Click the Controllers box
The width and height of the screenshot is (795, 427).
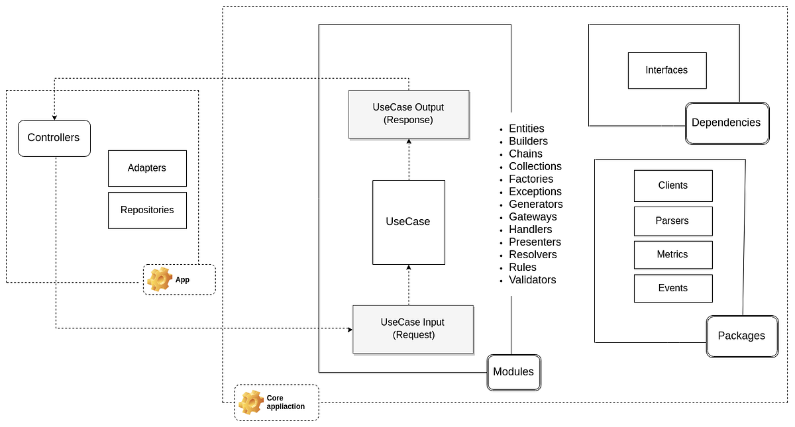(x=54, y=138)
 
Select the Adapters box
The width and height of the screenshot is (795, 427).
(x=147, y=168)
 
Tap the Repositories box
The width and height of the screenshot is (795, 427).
(x=147, y=211)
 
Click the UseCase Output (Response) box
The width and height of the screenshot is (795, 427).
(x=409, y=114)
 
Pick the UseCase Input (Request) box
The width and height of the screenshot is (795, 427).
(x=413, y=329)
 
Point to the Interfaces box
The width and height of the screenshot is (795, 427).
(x=667, y=71)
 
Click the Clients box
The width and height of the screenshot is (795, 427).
(x=673, y=186)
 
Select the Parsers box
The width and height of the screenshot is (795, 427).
(x=673, y=221)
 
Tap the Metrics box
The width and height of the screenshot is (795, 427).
(x=673, y=255)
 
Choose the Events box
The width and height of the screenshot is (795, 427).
(x=673, y=289)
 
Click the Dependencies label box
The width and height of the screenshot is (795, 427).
(x=727, y=123)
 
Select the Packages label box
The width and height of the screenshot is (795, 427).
(x=743, y=336)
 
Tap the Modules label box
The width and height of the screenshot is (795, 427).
(x=514, y=372)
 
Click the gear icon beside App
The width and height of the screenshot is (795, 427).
(x=160, y=279)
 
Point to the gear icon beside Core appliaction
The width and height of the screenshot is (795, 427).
(x=251, y=403)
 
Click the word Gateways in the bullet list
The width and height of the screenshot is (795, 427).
(x=533, y=216)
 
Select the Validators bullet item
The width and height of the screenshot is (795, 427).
(x=528, y=280)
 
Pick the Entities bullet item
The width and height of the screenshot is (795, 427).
(x=522, y=128)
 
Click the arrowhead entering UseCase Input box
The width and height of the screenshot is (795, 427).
(x=350, y=330)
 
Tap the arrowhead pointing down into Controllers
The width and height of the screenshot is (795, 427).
(x=54, y=118)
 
